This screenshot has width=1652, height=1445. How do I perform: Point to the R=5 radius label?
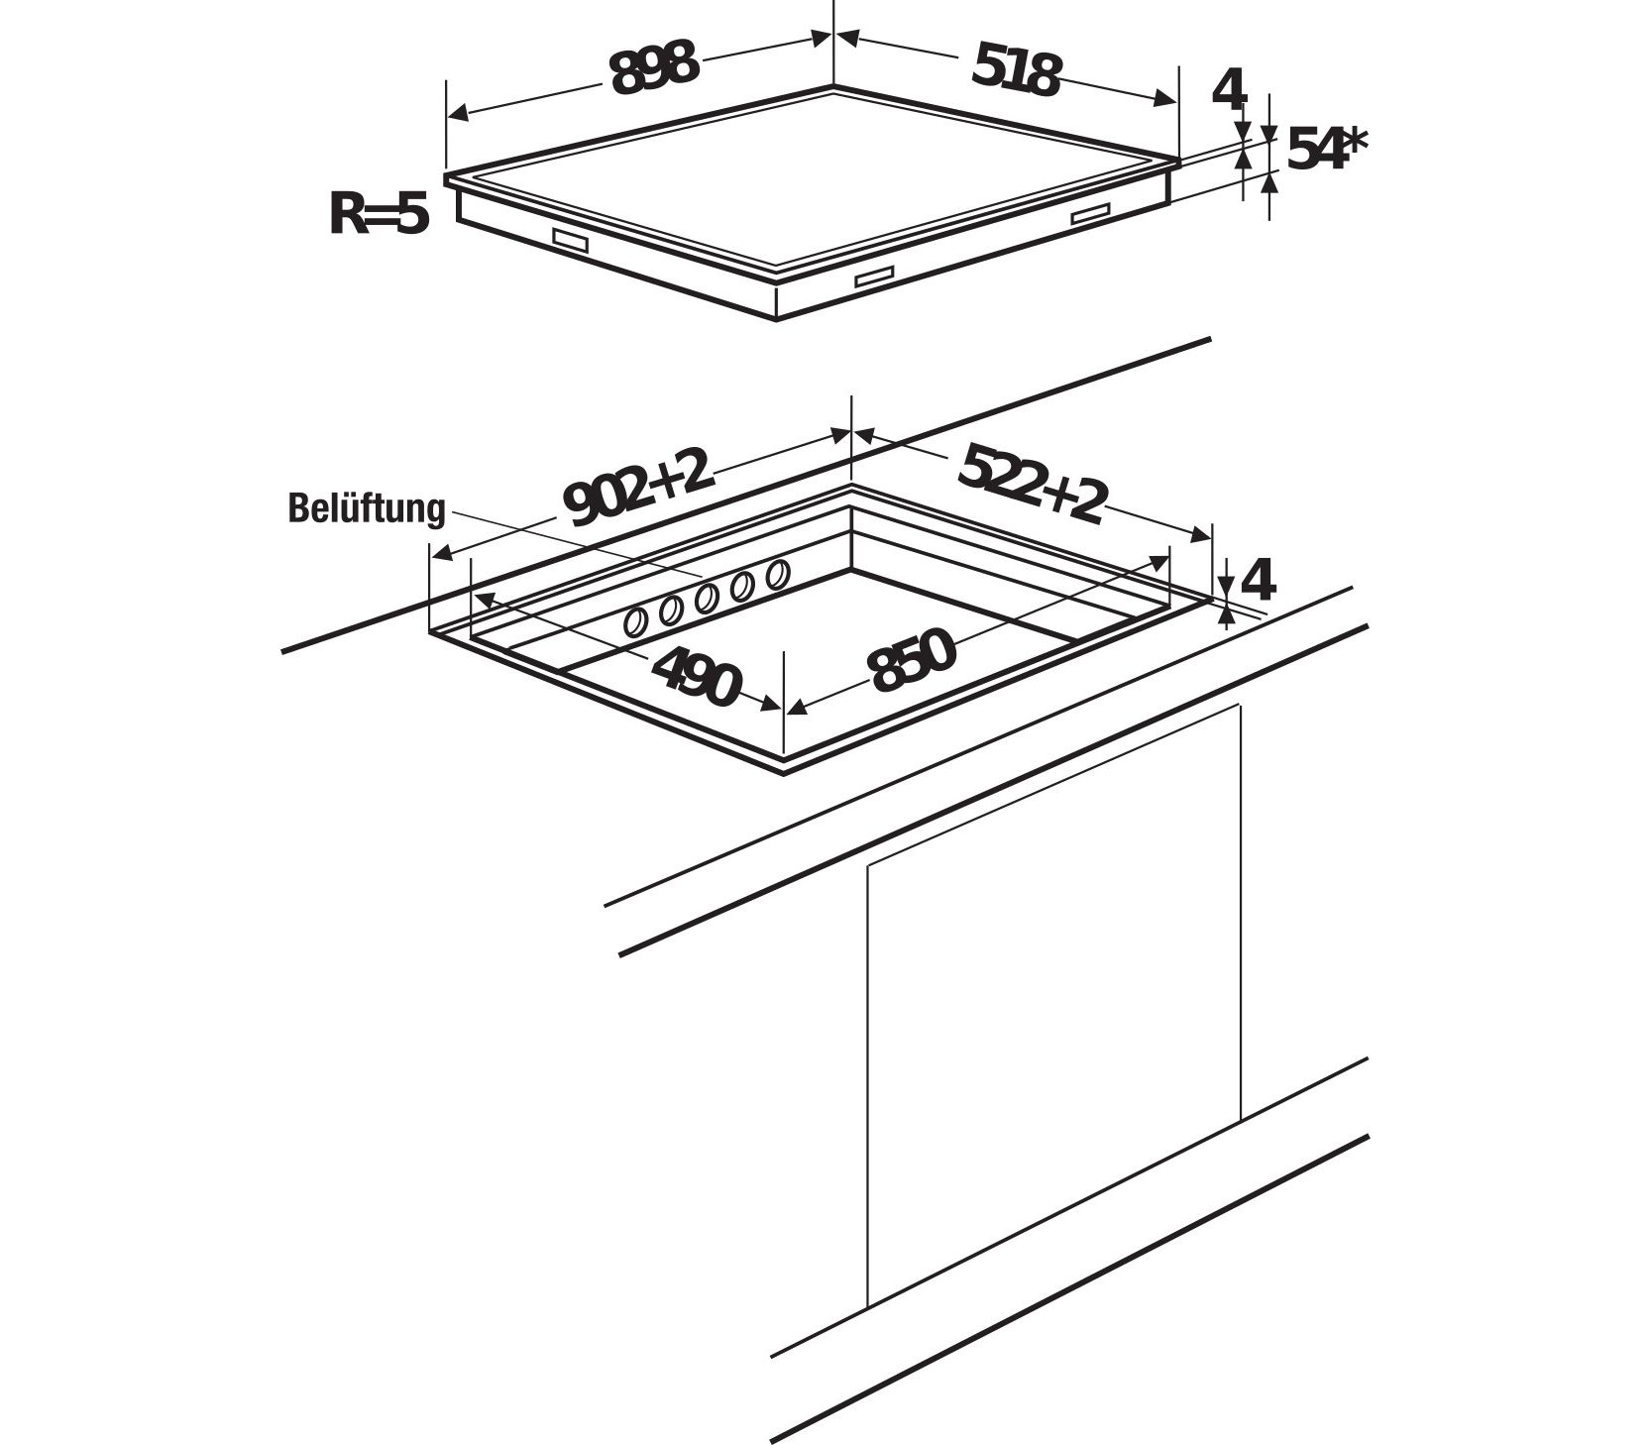(379, 214)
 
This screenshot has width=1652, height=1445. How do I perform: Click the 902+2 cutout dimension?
(639, 487)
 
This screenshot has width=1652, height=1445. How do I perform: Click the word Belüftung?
(367, 508)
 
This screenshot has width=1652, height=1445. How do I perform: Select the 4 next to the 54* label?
(1229, 91)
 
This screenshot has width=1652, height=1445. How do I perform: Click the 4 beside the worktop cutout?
(1257, 580)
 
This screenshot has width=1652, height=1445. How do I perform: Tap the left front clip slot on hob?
(570, 240)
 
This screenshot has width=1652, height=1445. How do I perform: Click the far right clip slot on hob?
(1090, 213)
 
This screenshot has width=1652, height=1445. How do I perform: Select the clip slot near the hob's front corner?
(875, 278)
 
